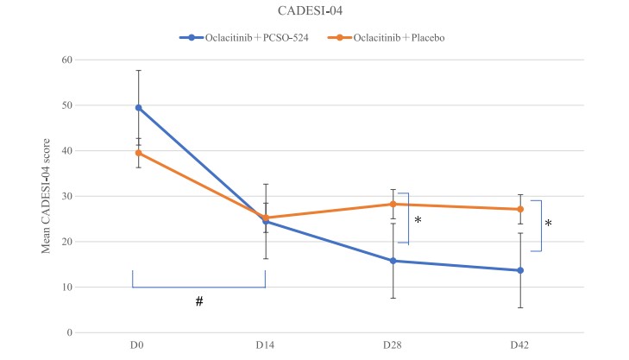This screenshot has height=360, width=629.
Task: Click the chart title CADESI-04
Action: [x=314, y=12]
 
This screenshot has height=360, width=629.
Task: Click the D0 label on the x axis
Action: [x=137, y=346]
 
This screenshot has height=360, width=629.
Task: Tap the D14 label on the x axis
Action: [x=265, y=346]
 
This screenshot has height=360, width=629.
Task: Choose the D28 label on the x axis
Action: [x=393, y=346]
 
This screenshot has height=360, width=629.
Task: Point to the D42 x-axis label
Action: [x=520, y=346]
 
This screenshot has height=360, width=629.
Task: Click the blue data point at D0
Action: [x=138, y=108]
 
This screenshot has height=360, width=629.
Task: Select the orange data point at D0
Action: [x=138, y=153]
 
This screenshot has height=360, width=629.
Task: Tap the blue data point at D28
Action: [x=393, y=261]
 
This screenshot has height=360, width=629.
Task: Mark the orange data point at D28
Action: [x=393, y=205]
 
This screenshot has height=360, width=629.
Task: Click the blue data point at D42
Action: [x=520, y=270]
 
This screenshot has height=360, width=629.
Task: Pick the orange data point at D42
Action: [x=520, y=209]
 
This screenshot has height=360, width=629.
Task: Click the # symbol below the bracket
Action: [x=199, y=301]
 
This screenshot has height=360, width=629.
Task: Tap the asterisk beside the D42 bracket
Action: [x=548, y=224]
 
